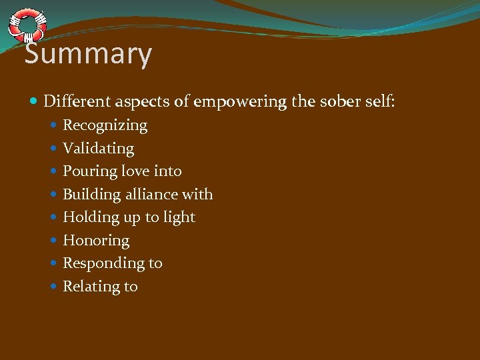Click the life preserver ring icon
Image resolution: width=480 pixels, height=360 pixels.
tap(27, 26)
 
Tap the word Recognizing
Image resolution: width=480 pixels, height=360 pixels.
tap(105, 125)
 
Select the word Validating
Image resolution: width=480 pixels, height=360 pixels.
tap(98, 149)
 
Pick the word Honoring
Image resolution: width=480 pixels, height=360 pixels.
tap(96, 241)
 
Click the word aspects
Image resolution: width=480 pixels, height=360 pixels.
tap(135, 102)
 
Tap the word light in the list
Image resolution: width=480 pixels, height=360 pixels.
tap(179, 217)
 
